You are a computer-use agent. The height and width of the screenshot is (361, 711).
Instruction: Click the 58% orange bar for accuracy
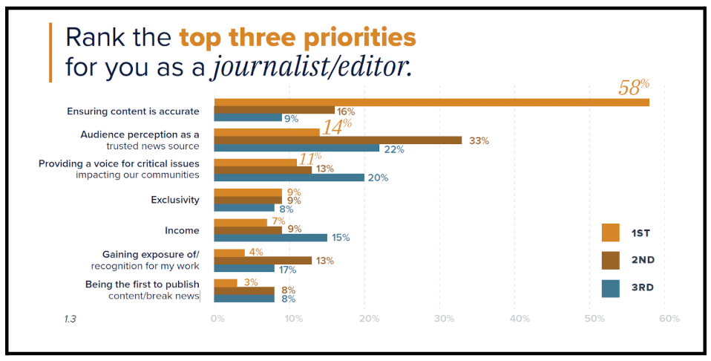(x=430, y=102)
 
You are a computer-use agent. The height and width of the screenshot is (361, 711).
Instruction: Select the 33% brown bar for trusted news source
(x=338, y=140)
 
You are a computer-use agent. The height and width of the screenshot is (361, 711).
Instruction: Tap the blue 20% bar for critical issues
(x=289, y=178)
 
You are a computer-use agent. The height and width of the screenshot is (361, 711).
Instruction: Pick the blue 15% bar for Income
(x=270, y=238)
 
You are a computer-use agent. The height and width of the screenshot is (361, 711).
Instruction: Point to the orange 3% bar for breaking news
(x=226, y=282)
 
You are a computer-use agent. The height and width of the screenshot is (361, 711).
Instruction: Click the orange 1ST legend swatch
(x=610, y=232)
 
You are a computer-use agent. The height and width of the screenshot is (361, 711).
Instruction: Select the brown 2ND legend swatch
(x=610, y=260)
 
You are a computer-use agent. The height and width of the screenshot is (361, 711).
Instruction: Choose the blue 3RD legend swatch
(x=610, y=287)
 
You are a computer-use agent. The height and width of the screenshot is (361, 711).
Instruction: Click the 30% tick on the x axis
(x=444, y=319)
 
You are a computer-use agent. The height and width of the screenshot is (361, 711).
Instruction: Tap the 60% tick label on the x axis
(x=669, y=319)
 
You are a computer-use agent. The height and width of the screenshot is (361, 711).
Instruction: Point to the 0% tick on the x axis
(x=217, y=319)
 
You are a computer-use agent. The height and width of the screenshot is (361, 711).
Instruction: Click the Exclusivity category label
(x=175, y=200)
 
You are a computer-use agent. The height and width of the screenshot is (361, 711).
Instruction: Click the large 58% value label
(x=633, y=88)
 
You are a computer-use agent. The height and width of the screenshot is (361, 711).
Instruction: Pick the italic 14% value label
(x=336, y=126)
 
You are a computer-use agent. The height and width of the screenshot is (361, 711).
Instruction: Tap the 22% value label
(x=394, y=149)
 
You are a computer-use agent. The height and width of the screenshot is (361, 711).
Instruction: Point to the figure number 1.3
(x=71, y=319)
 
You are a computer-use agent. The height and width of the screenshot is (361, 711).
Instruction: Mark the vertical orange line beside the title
(x=50, y=52)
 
